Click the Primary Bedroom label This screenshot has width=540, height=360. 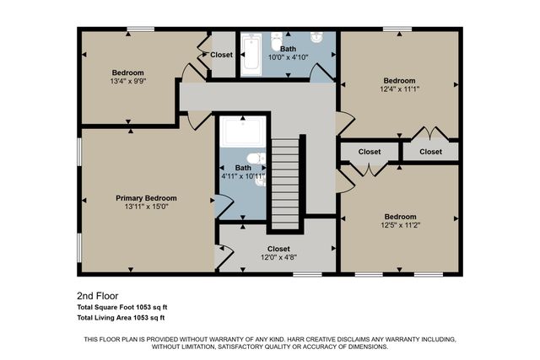[x=146, y=198]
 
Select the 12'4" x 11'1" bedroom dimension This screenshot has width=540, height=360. [x=399, y=90]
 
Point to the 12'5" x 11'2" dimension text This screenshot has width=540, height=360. [x=400, y=225]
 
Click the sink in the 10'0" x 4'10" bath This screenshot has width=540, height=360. [x=316, y=38]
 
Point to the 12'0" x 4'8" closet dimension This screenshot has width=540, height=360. [x=278, y=258]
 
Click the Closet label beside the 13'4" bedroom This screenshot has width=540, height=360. [x=221, y=55]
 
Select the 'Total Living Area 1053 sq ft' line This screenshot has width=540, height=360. [x=121, y=318]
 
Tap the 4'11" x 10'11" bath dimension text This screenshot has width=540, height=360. [x=243, y=176]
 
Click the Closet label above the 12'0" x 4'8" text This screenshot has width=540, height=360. [x=278, y=249]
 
